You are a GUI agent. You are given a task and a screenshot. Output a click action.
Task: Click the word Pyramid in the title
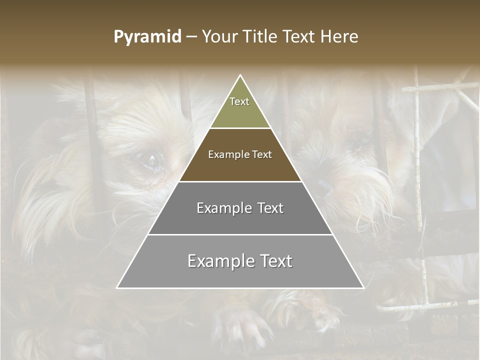coord(147,37)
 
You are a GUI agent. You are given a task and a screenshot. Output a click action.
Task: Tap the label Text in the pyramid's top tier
coord(239,101)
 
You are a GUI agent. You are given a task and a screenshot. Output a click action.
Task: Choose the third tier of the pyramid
coord(240,220)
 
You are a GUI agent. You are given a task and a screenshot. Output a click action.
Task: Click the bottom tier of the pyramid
coord(240,275)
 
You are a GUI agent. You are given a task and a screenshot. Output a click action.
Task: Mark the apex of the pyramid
coord(240,76)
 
